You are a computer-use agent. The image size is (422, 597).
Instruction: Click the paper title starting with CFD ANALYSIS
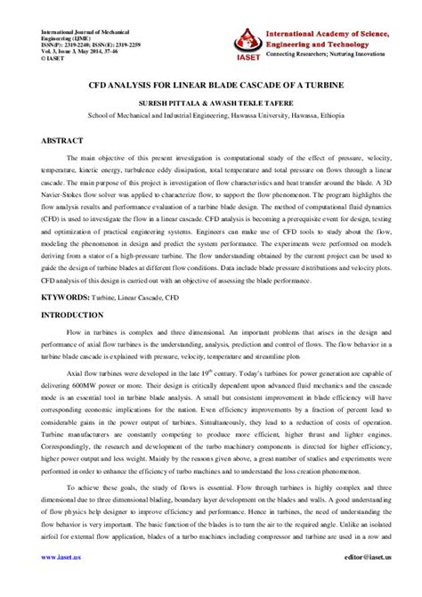tap(210, 89)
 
